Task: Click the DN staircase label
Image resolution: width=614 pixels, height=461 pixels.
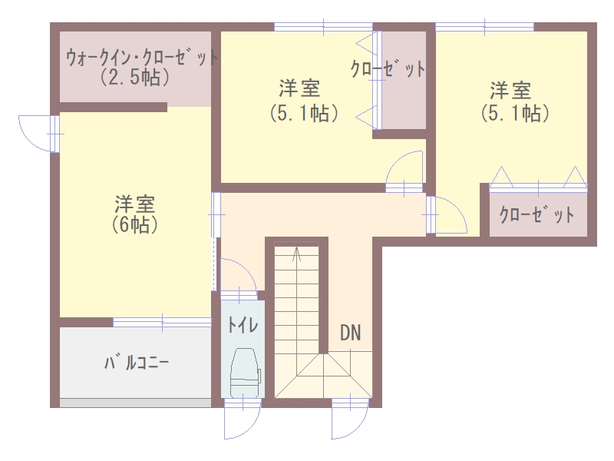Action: pyautogui.click(x=351, y=333)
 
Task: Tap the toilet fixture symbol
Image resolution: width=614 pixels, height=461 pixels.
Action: pyautogui.click(x=246, y=373)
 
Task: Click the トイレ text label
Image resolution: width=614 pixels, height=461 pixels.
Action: pyautogui.click(x=243, y=325)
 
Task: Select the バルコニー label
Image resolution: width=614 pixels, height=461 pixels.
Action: pyautogui.click(x=137, y=363)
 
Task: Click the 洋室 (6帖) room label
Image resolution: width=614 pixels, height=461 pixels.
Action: pyautogui.click(x=135, y=214)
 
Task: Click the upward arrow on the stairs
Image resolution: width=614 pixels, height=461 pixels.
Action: pyautogui.click(x=297, y=254)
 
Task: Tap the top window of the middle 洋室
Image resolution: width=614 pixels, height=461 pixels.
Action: pyautogui.click(x=323, y=27)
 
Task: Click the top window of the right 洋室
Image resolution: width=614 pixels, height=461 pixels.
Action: pyautogui.click(x=485, y=27)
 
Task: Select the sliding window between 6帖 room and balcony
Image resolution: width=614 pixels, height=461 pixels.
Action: pyautogui.click(x=163, y=322)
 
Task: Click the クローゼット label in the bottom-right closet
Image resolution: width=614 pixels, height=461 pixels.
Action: pyautogui.click(x=537, y=215)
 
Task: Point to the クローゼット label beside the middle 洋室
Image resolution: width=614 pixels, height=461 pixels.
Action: pyautogui.click(x=388, y=69)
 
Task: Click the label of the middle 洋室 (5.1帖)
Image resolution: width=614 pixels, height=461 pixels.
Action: pyautogui.click(x=304, y=101)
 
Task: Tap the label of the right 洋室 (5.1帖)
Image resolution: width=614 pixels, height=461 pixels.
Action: pyautogui.click(x=514, y=102)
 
